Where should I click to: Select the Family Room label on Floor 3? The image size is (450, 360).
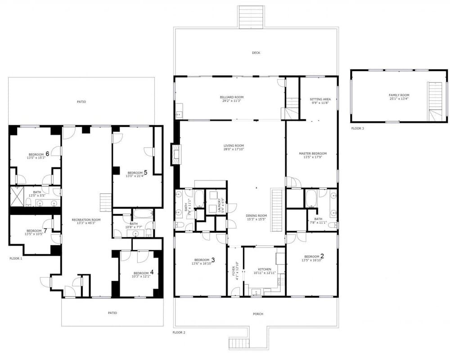pos(399,95)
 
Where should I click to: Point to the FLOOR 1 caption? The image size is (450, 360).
pos(16,259)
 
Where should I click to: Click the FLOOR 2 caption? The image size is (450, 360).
pos(179,333)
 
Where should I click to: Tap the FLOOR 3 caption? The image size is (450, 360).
pos(358,129)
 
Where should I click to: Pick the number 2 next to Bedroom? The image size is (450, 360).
pos(322,256)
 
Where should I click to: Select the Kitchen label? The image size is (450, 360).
pos(261,269)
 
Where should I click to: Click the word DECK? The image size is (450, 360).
pos(256,53)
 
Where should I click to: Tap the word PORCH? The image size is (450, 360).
pos(258,314)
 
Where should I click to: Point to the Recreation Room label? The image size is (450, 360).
pos(86,220)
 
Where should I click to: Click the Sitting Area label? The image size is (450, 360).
pos(319,99)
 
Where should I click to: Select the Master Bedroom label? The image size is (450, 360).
pos(313,153)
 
